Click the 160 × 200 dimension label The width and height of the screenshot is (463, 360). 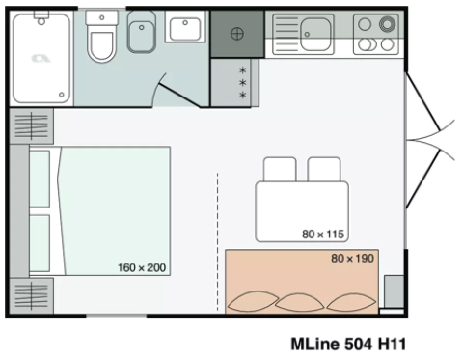point(142,266)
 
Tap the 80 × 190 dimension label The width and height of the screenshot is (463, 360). point(352,258)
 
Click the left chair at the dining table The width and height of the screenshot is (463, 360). point(282,170)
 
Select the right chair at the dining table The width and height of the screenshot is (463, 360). point(324,170)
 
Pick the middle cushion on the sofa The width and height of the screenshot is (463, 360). point(301,301)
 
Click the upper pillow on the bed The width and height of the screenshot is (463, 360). point(40,180)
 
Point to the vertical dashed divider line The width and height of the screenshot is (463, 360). point(217,241)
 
